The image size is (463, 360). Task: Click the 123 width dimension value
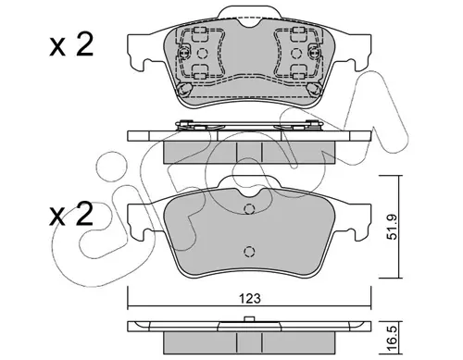click(250, 298)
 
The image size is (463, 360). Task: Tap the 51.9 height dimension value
click(393, 227)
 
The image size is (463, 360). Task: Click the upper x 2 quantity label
click(71, 45)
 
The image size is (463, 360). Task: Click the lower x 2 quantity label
click(71, 214)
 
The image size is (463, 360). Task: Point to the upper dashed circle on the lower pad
click(249, 209)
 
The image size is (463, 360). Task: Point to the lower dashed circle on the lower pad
click(249, 252)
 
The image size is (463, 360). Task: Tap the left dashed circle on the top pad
click(203, 54)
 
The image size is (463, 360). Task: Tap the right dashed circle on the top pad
click(296, 54)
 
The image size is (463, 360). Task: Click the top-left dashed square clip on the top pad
click(199, 34)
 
